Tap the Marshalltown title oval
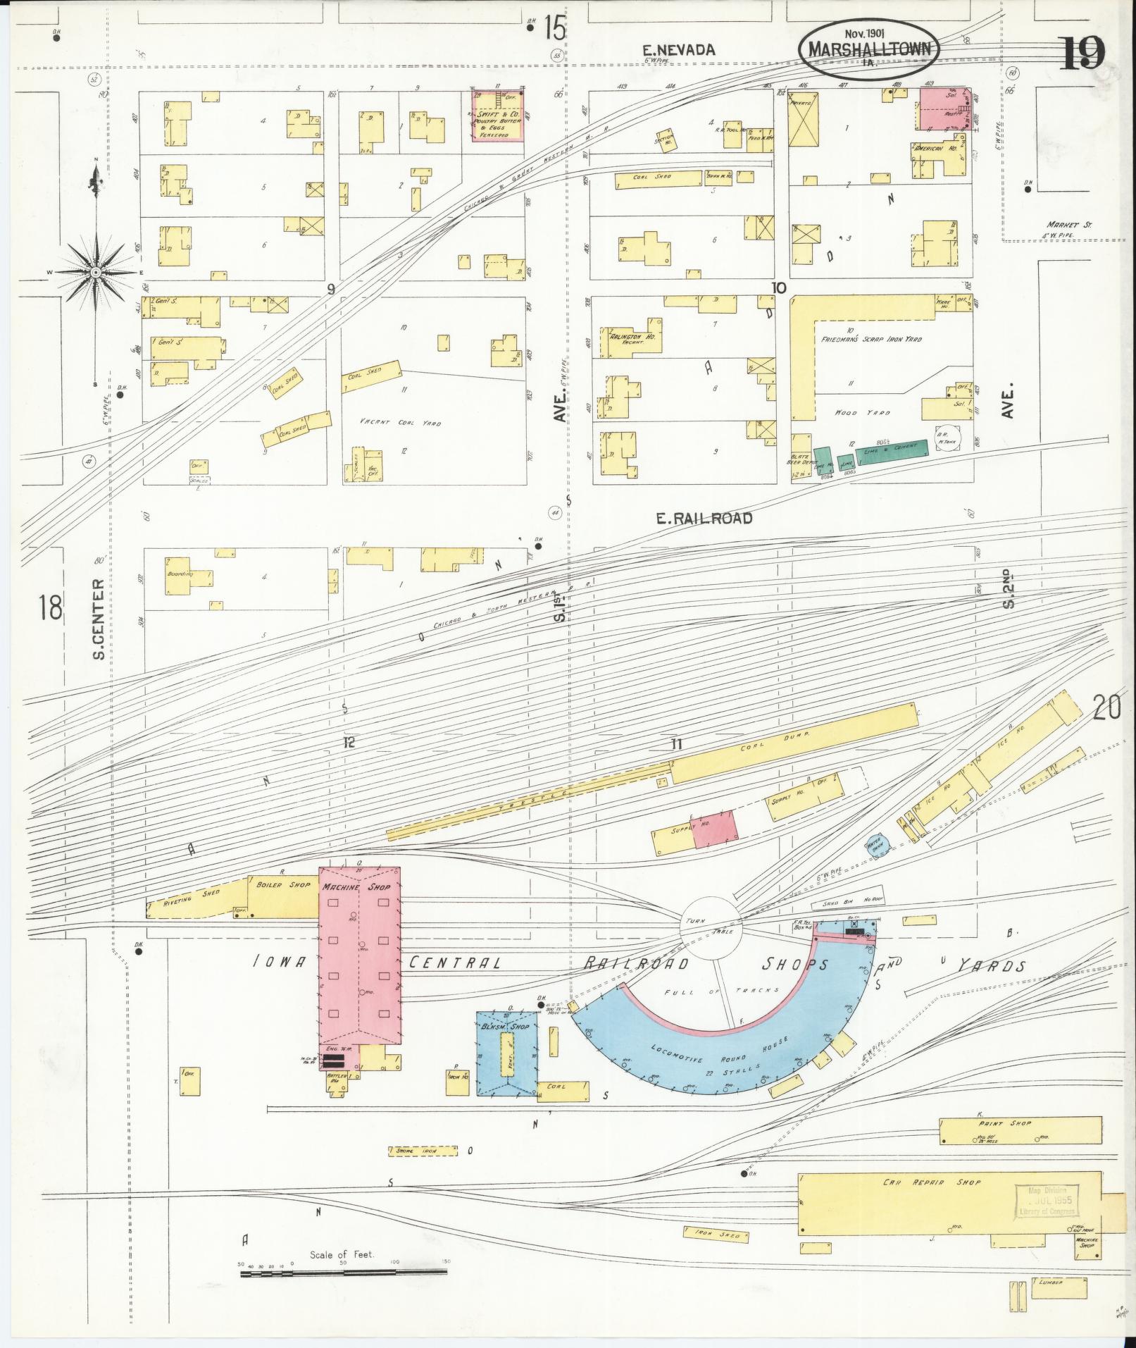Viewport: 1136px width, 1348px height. (870, 49)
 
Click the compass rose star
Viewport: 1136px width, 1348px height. (95, 271)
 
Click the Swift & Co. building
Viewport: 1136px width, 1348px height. (497, 115)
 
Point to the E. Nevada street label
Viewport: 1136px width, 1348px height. (679, 49)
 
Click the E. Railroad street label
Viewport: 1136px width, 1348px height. (704, 519)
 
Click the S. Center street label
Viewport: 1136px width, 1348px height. (99, 619)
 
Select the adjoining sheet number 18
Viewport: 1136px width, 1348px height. (51, 607)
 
